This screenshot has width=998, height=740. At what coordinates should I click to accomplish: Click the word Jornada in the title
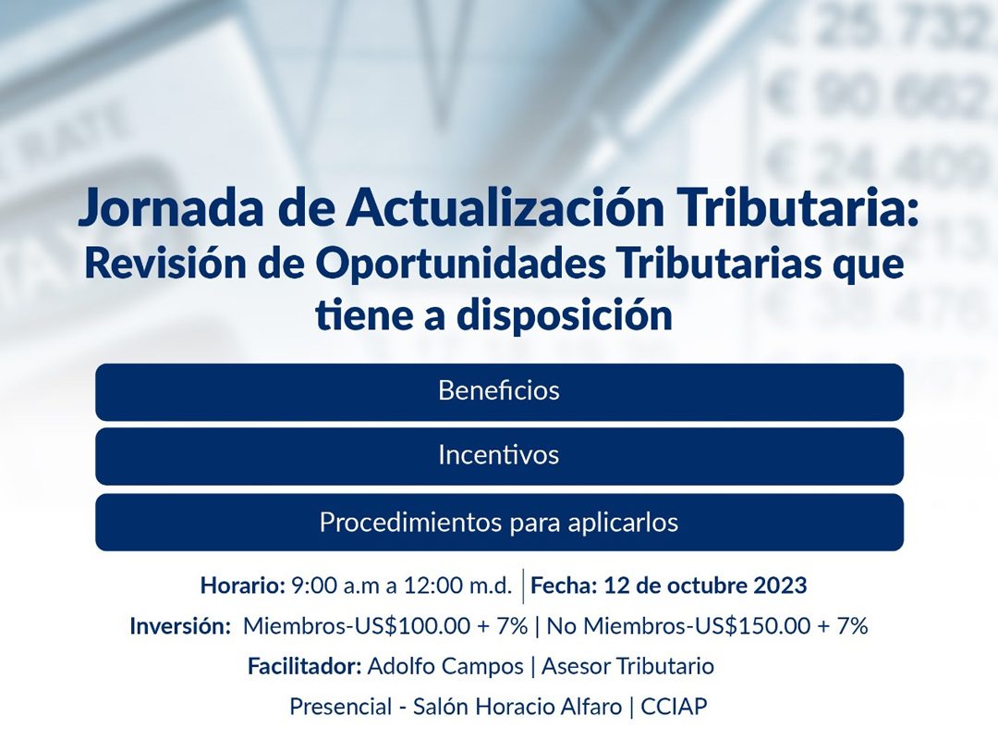click(x=171, y=209)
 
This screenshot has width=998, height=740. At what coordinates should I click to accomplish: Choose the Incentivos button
click(x=500, y=456)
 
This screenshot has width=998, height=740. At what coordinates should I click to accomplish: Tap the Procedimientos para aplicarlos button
click(x=500, y=522)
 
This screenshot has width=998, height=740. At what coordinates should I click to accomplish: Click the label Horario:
click(x=242, y=586)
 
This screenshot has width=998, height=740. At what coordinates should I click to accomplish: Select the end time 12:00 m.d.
click(x=457, y=586)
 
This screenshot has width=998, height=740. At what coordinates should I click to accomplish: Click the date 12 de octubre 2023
click(x=705, y=586)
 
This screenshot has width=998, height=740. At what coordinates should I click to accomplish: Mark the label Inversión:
click(x=180, y=626)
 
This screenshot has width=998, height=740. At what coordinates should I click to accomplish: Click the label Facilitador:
click(x=305, y=667)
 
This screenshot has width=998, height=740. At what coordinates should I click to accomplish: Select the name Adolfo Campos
click(x=445, y=667)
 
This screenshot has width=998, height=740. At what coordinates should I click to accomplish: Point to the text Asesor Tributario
click(x=627, y=667)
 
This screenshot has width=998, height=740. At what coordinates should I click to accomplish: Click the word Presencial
click(x=340, y=707)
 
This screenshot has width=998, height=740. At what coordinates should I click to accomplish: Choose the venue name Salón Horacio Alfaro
click(x=517, y=707)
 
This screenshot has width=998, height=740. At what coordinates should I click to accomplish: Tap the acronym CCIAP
click(x=674, y=707)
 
